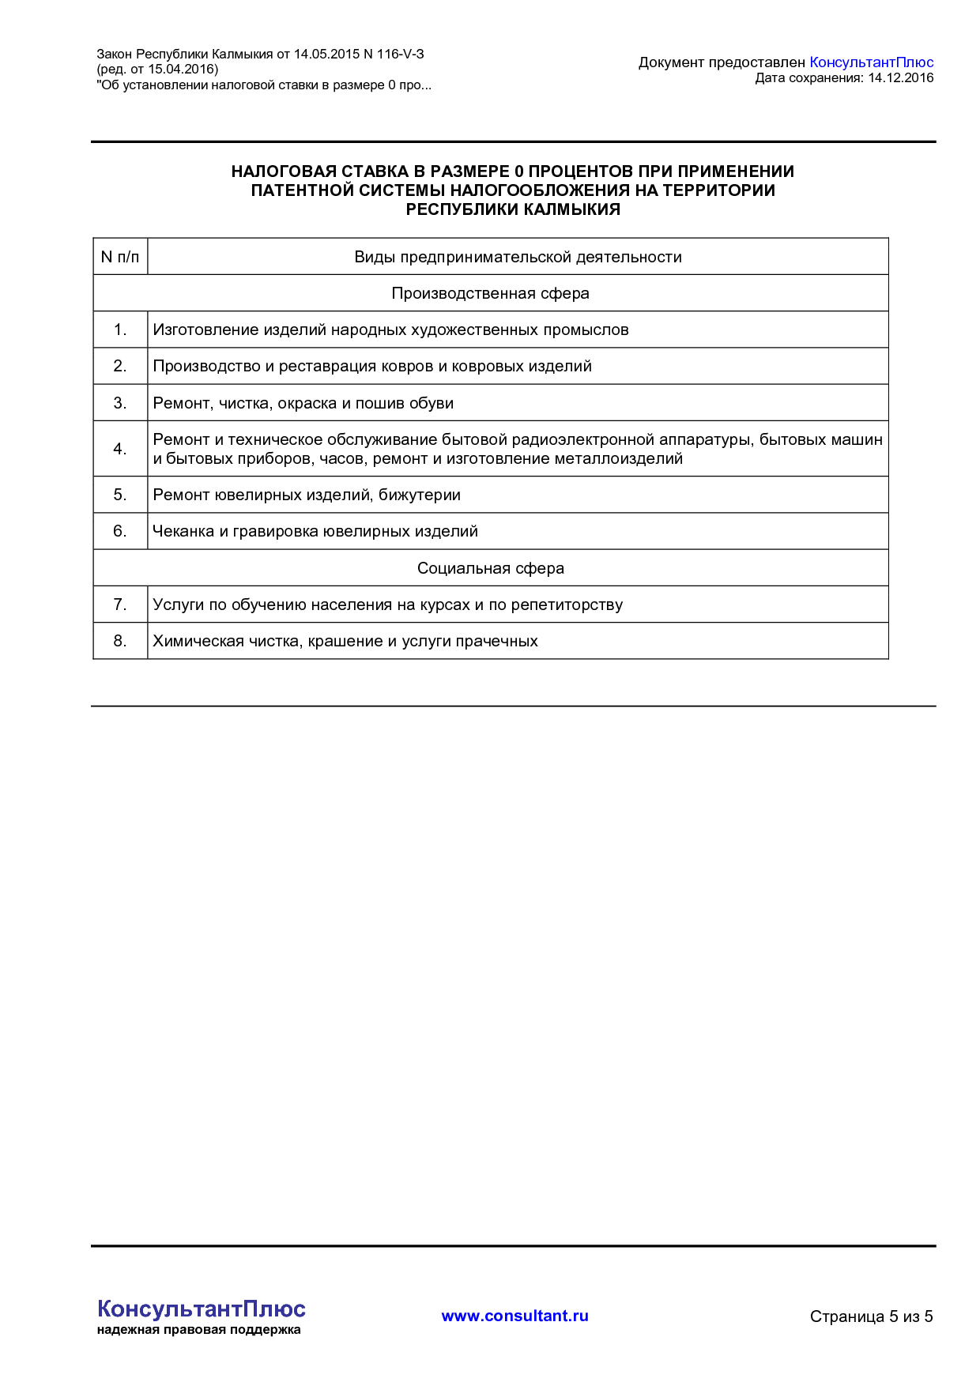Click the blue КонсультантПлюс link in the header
click(x=871, y=62)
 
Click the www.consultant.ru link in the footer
click(x=514, y=1316)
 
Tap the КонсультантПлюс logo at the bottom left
click(x=201, y=1309)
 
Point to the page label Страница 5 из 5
click(x=871, y=1316)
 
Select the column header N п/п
click(x=120, y=257)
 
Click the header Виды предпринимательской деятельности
click(x=518, y=257)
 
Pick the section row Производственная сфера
click(x=490, y=293)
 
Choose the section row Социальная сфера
click(x=490, y=568)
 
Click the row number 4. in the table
click(x=120, y=449)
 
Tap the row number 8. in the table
click(x=120, y=641)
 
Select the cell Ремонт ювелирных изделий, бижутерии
click(x=307, y=495)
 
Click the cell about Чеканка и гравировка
click(x=315, y=531)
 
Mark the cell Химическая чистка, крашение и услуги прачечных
click(x=345, y=641)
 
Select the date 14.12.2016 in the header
click(x=900, y=78)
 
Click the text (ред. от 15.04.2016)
click(x=157, y=70)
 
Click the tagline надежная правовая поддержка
click(x=198, y=1330)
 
